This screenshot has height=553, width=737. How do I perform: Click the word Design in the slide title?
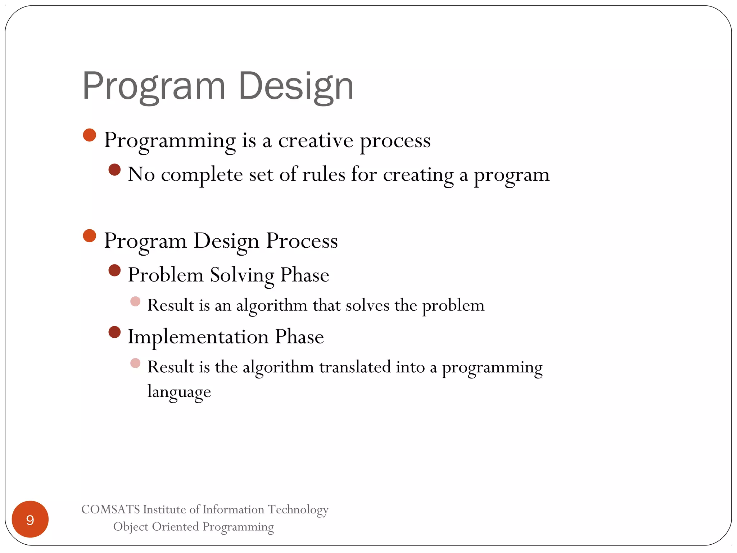(x=296, y=86)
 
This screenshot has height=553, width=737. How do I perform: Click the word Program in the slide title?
(x=154, y=86)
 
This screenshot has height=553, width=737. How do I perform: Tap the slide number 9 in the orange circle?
(x=30, y=520)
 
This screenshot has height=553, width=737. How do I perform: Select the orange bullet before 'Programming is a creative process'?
(x=90, y=135)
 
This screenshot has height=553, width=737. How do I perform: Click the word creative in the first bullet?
(x=316, y=140)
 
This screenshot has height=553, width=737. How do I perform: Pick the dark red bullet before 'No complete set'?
(x=114, y=170)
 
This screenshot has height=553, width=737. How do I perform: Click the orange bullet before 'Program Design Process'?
(x=90, y=236)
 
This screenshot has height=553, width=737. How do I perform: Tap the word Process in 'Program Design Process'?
(x=302, y=240)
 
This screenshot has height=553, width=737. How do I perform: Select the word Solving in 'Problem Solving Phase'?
(x=242, y=275)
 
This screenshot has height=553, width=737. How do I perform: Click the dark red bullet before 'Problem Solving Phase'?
(x=114, y=270)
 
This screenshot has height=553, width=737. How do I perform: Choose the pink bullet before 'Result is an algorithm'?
(x=135, y=301)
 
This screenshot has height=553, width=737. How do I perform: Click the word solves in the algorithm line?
(x=367, y=306)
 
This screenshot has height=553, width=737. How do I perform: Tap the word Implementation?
(x=198, y=337)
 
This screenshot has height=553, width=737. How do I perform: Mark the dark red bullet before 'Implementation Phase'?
(x=114, y=332)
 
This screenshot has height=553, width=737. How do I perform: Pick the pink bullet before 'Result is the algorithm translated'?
(x=135, y=363)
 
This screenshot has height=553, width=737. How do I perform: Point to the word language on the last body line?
(x=179, y=392)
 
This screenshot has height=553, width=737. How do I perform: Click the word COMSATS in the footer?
(x=110, y=509)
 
